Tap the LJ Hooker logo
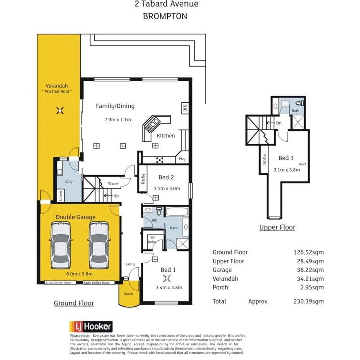pos(91,326)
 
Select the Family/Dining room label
pos(115,106)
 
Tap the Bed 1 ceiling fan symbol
pos(167,278)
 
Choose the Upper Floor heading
pos(277,227)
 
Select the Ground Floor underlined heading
pos(73,303)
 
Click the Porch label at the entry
pos(128,294)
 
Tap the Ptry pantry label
pos(182,159)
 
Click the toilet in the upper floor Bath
pos(300,104)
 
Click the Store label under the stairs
pos(113,183)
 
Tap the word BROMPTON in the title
pos(165,16)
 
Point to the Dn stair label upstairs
pos(279,123)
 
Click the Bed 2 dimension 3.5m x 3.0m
pos(166,189)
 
